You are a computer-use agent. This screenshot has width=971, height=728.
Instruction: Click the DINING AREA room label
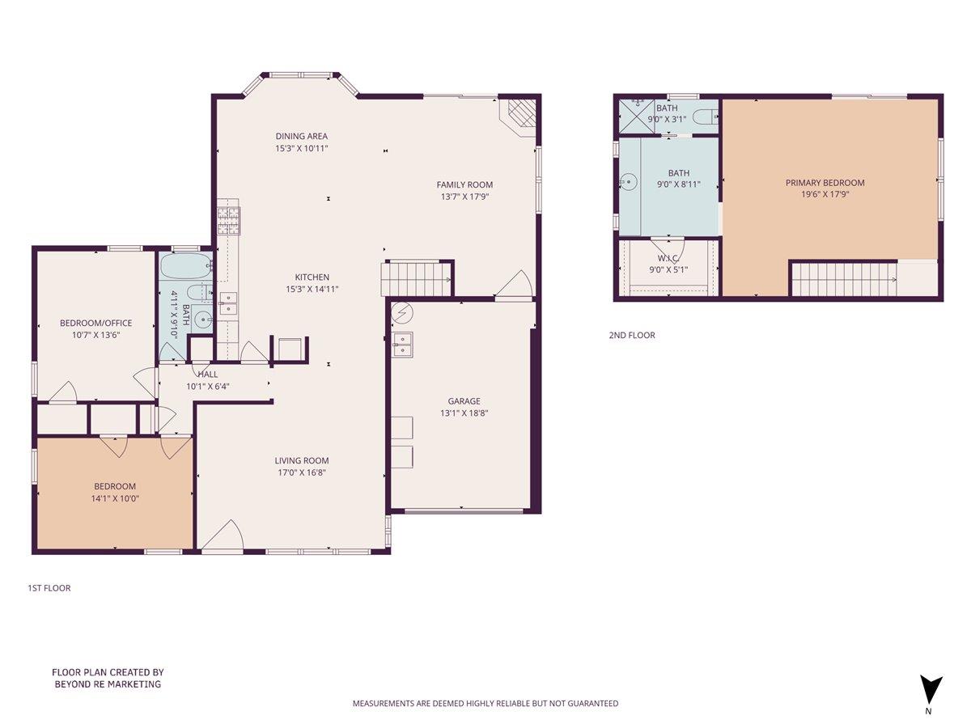coord(301,136)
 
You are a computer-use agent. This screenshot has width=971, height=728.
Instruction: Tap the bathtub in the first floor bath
coord(185,265)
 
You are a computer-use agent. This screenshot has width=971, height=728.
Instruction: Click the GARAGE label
coord(464,401)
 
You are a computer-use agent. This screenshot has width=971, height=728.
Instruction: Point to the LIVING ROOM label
coord(301,461)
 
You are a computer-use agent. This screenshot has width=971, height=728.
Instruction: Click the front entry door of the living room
coord(222,537)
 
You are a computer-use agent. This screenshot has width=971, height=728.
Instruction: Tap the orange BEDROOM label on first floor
coord(115,486)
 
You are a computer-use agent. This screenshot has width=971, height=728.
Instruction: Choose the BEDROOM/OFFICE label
coord(95,324)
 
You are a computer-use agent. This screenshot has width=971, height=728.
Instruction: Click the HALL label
coord(208,375)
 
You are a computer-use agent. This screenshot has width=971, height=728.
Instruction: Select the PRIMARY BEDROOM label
coord(825,183)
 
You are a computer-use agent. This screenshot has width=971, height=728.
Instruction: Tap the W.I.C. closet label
coord(668,258)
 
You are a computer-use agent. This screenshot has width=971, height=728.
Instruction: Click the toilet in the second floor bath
coord(705,116)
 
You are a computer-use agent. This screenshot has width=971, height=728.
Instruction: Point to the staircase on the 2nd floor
coord(843,280)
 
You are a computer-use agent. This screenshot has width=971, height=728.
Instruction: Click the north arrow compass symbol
coord(931,690)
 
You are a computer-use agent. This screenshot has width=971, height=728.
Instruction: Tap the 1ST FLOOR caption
coord(49,588)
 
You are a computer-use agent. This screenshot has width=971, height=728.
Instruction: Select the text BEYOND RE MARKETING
coord(108,684)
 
